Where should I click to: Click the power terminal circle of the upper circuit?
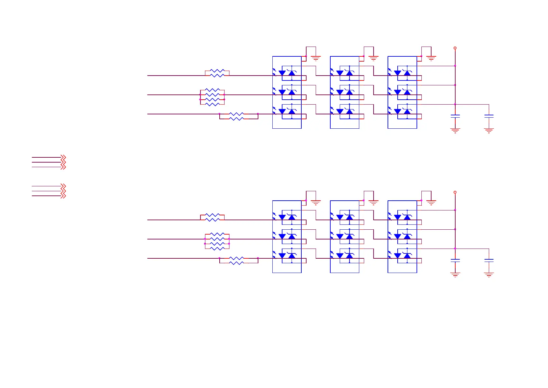point(455,48)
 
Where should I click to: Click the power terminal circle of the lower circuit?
point(455,192)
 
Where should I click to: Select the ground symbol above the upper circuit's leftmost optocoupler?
point(316,59)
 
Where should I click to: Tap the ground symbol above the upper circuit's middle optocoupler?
point(373,59)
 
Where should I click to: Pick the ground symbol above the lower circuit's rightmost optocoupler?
point(431,203)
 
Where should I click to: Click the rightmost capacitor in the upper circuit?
point(489,116)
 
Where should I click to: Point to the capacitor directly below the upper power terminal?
point(455,116)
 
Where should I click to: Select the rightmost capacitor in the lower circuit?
point(489,260)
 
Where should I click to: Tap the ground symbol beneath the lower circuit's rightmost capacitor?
point(489,275)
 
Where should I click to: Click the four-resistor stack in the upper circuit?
point(212,97)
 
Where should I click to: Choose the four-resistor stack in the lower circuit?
point(217,241)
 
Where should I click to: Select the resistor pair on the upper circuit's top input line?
point(217,73)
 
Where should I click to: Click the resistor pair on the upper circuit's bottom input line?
point(237,116)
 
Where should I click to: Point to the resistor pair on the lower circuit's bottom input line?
point(237,261)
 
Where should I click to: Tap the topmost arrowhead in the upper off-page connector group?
point(63,157)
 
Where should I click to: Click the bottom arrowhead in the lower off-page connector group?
point(63,196)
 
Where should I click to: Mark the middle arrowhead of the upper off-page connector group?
point(63,162)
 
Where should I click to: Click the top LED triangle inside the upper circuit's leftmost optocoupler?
point(282,73)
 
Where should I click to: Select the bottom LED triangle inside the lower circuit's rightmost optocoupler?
point(397,256)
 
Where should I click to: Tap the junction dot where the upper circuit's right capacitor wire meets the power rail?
point(455,104)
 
